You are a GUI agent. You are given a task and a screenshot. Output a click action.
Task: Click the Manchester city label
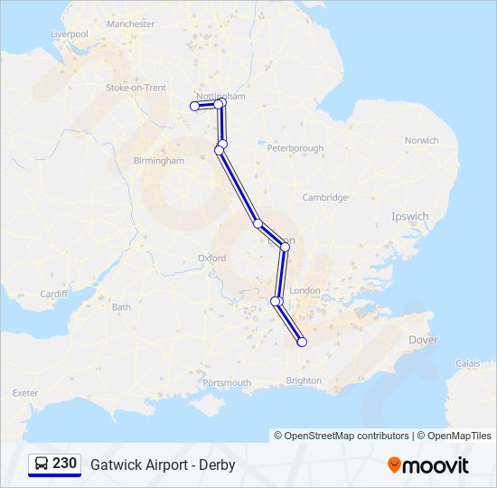(131, 24)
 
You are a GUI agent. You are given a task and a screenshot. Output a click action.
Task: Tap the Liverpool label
(70, 34)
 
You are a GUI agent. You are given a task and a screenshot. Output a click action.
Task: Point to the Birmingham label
(158, 161)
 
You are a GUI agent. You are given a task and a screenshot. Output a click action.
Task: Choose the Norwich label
(421, 141)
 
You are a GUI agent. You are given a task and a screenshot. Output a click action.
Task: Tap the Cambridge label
(324, 197)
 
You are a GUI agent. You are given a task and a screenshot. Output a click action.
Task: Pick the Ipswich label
(410, 217)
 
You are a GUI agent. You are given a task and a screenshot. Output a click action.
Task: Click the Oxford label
(211, 258)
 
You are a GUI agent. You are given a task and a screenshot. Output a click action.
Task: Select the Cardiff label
(54, 294)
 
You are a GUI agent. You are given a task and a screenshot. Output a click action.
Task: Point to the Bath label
(121, 307)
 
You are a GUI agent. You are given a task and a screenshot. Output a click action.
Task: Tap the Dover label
(423, 341)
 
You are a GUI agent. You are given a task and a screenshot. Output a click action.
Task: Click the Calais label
(468, 363)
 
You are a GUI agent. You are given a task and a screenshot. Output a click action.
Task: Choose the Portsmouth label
(227, 383)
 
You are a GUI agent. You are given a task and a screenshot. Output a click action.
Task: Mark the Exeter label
(25, 393)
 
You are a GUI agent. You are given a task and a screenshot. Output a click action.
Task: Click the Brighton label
(304, 380)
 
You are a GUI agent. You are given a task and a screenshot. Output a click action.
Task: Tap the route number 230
(64, 464)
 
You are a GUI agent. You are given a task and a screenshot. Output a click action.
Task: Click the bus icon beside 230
(42, 465)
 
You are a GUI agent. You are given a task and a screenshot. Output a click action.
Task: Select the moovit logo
(428, 465)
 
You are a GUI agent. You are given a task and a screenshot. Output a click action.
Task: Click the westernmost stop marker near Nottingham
(194, 107)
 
